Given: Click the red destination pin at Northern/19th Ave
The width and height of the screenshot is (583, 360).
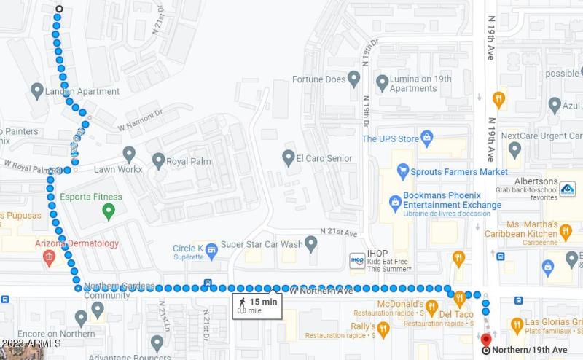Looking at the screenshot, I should [486, 338].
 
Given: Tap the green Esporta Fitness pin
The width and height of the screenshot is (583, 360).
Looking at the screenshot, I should [109, 211].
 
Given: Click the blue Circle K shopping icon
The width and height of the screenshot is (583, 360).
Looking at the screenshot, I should [212, 251].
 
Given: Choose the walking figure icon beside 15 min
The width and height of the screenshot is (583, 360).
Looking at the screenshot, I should [243, 302].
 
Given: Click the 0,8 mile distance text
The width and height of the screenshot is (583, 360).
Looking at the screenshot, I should [249, 311].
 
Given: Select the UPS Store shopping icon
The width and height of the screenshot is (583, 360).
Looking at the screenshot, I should [427, 138].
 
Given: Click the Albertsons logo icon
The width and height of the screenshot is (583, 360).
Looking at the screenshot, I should [568, 189].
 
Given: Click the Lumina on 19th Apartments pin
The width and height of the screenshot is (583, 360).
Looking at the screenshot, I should [382, 82].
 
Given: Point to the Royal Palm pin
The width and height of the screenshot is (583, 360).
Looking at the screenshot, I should [158, 159].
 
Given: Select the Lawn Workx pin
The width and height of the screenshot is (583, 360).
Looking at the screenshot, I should [129, 154].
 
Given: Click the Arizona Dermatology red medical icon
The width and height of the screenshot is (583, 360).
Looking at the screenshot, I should [50, 257].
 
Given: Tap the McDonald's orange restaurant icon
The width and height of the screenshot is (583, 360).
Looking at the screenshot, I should [431, 307].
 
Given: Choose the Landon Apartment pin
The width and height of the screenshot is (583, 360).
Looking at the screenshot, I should [37, 91].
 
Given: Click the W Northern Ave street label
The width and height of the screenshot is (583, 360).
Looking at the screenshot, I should [321, 291].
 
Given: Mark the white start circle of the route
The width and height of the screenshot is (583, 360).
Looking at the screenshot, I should [59, 9].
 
